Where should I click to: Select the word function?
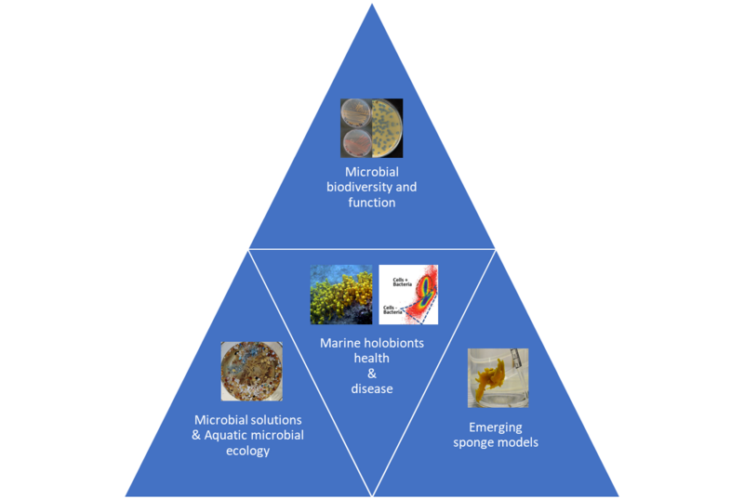click(x=371, y=203)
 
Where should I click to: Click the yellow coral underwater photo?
click(x=340, y=295)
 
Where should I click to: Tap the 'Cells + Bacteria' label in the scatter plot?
click(x=399, y=277)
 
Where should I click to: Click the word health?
click(x=371, y=358)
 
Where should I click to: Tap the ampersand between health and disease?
click(x=371, y=374)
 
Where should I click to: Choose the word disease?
click(x=371, y=388)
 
